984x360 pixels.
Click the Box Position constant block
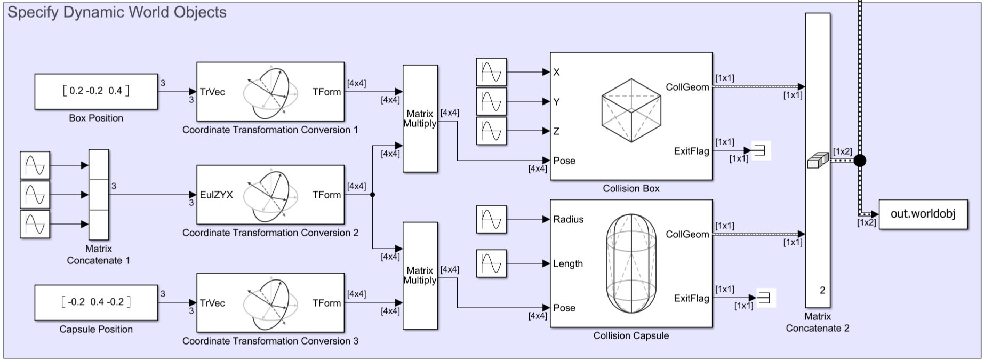96,91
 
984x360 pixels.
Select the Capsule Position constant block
96,302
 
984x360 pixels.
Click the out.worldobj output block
923,214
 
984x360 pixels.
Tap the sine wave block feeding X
491,72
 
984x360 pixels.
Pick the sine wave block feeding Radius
491,219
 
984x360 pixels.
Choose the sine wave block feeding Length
491,263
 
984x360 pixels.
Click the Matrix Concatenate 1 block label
99,254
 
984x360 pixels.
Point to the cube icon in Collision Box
631,110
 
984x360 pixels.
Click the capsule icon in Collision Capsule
631,263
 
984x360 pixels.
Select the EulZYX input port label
217,195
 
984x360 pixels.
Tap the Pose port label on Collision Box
564,161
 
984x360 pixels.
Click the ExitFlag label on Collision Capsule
691,298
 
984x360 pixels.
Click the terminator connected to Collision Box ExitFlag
761,151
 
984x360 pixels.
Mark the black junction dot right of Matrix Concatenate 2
860,160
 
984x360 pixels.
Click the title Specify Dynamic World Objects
117,12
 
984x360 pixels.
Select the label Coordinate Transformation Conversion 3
270,341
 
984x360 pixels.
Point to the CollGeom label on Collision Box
687,87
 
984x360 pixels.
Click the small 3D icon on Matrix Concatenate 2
818,161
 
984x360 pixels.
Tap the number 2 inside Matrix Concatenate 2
822,290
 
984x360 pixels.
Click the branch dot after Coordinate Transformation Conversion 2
372,195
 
